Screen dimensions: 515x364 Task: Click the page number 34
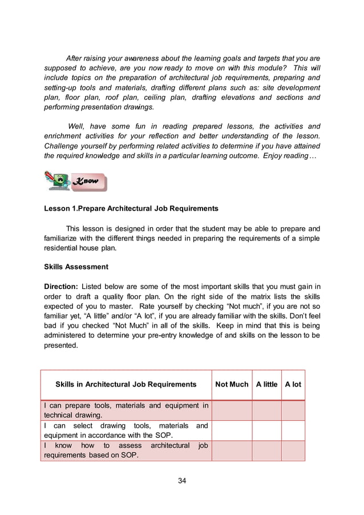pyautogui.click(x=182, y=480)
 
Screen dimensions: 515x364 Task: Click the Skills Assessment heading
pyautogui.click(x=76, y=266)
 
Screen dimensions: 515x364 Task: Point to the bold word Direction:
pyautogui.click(x=62, y=286)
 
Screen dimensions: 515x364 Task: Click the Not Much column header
pyautogui.click(x=232, y=384)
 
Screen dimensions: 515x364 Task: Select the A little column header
pyautogui.click(x=266, y=384)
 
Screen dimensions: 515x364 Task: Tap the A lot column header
pyautogui.click(x=293, y=384)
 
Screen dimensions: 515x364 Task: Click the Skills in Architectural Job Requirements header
pyautogui.click(x=126, y=384)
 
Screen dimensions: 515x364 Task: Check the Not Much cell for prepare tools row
pyautogui.click(x=232, y=411)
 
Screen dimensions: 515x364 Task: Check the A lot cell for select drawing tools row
pyautogui.click(x=293, y=430)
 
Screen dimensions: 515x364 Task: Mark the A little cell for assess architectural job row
pyautogui.click(x=266, y=450)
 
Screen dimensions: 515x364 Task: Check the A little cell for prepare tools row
pyautogui.click(x=266, y=411)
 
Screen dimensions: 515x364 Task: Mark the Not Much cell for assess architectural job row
pyautogui.click(x=232, y=450)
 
